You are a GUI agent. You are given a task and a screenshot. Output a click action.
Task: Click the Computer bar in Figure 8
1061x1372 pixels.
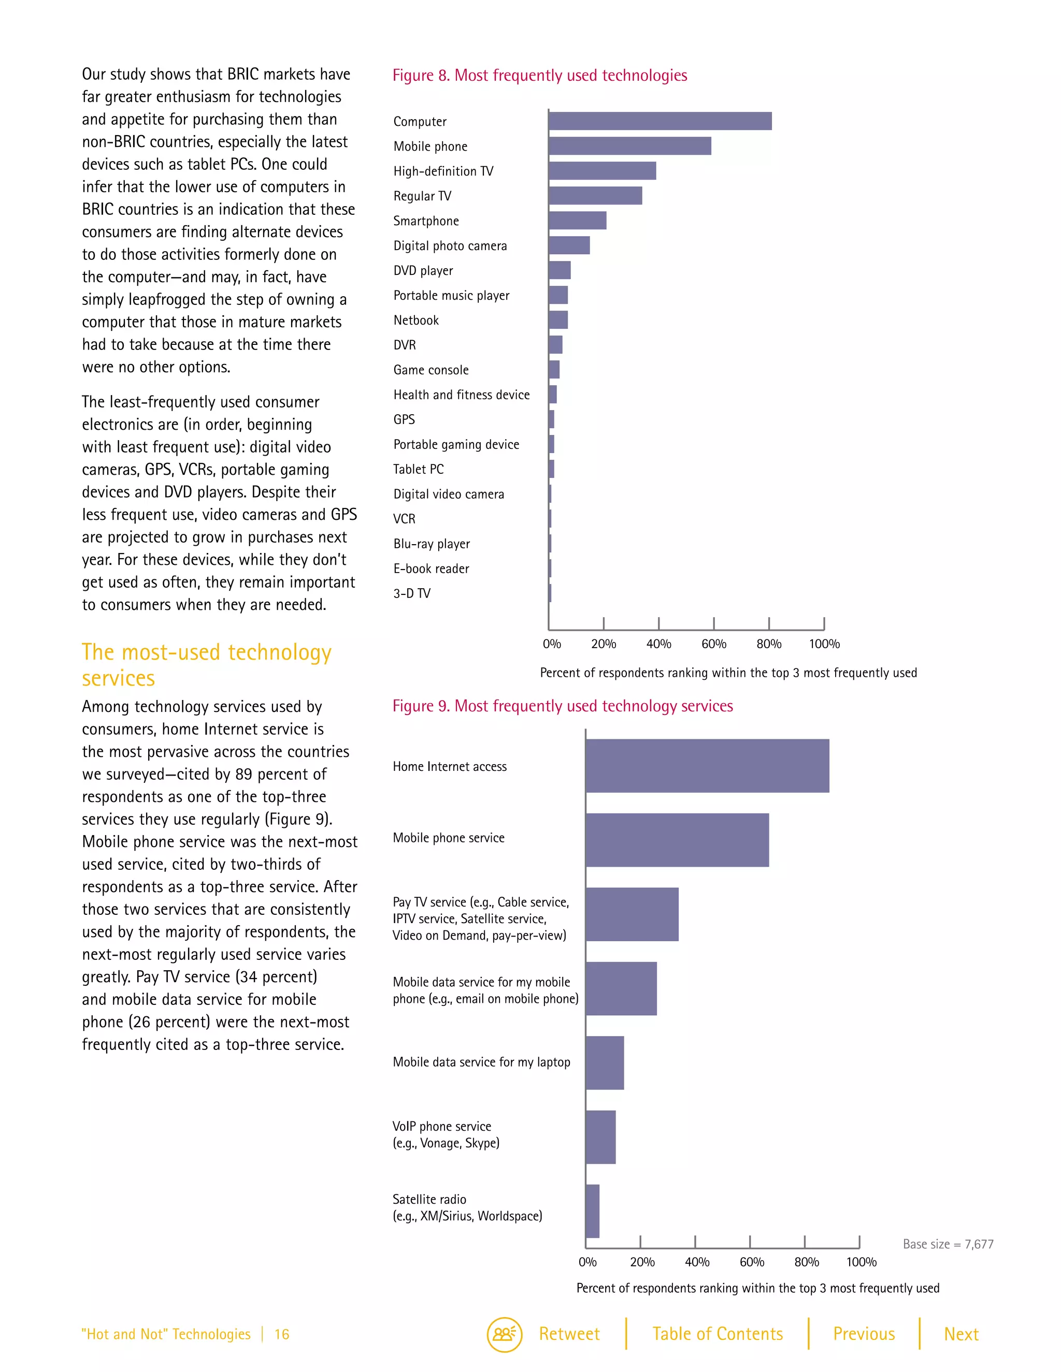(x=660, y=121)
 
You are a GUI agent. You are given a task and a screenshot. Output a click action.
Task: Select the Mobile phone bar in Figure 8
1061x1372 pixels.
(x=630, y=146)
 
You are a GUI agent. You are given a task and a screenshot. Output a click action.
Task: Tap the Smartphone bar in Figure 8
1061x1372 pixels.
(x=577, y=221)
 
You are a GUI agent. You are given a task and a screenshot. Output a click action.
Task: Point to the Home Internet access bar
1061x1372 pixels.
(x=707, y=766)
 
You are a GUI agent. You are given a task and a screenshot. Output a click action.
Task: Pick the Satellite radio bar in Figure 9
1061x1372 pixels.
(x=592, y=1211)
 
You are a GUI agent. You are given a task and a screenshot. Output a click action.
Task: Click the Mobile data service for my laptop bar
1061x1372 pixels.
(x=605, y=1063)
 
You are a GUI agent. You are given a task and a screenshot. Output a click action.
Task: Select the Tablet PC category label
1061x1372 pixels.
(x=418, y=469)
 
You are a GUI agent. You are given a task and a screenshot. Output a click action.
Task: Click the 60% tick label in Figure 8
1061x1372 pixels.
(x=713, y=644)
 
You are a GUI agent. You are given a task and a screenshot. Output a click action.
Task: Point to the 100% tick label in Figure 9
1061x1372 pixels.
(x=861, y=1262)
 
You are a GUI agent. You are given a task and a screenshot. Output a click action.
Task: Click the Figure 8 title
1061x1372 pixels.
(x=539, y=76)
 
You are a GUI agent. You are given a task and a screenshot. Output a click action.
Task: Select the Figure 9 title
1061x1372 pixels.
(x=563, y=706)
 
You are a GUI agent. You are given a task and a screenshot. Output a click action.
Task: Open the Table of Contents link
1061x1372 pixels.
(x=717, y=1334)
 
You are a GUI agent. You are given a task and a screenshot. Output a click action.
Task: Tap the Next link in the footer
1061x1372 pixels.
(x=960, y=1334)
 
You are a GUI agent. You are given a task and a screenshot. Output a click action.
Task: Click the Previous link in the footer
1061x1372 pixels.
(x=864, y=1334)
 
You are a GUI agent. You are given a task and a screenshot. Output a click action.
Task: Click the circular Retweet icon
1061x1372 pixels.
(x=504, y=1334)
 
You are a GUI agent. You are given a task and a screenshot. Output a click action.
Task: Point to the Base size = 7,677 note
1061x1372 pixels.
(x=948, y=1244)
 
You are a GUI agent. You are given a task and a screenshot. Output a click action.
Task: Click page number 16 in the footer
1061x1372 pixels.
(x=282, y=1334)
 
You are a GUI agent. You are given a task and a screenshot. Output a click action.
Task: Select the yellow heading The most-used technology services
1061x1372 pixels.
(x=206, y=665)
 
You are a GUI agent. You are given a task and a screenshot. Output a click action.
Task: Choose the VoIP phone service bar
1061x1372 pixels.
(x=600, y=1137)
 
